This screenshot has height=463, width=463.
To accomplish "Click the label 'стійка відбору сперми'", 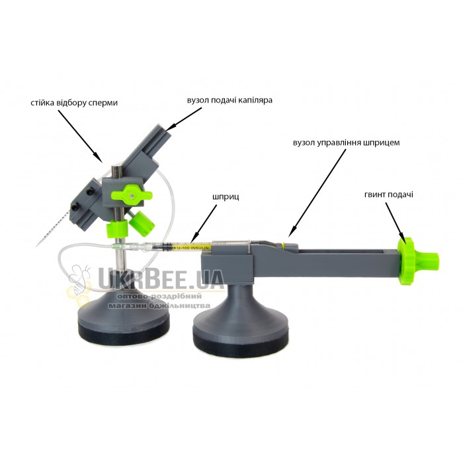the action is pos(74,103).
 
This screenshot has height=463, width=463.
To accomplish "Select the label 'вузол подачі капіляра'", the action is pos(230,101).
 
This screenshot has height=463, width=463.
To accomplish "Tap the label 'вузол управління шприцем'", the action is pos(347,143).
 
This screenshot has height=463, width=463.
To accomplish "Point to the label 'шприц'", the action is pos(226,196).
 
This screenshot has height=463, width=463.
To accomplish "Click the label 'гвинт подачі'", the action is pos(389,194).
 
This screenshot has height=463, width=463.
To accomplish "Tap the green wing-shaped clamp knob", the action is pos(132,195).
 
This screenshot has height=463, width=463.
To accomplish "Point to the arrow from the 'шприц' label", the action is pos(204,225).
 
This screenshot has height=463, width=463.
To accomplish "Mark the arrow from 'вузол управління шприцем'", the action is pos(317,193).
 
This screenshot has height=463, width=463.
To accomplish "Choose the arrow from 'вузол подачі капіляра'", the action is pos(184,118).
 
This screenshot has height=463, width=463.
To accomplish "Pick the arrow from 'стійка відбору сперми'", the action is pos(80,136).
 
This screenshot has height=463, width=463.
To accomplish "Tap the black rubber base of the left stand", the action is pos(124,327).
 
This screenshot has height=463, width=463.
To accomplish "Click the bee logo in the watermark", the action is pos(79,282).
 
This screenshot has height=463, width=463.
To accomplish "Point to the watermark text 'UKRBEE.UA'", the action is pos(161,278).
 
